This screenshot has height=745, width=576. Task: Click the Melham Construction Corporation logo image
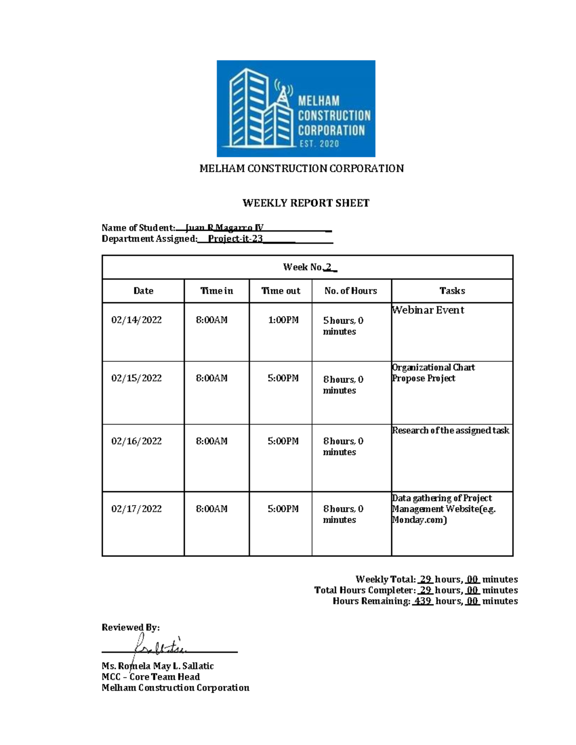296,108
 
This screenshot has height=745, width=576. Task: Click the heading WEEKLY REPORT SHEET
306,203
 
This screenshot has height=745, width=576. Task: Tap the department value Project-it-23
235,239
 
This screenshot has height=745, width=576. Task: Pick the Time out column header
280,291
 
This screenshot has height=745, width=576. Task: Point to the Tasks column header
452,291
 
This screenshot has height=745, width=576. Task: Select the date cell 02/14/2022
136,320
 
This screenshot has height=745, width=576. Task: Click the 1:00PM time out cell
283,320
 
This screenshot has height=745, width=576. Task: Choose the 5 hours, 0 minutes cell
343,326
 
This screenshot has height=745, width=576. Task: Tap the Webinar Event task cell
428,310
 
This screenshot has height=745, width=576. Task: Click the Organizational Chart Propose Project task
433,373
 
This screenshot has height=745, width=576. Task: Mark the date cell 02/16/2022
136,441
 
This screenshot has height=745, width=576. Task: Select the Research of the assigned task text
450,430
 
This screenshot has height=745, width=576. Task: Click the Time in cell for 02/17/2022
211,508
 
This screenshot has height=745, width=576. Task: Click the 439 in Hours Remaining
422,601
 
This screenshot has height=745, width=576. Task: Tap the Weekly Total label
385,579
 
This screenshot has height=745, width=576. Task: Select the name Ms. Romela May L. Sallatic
157,666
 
